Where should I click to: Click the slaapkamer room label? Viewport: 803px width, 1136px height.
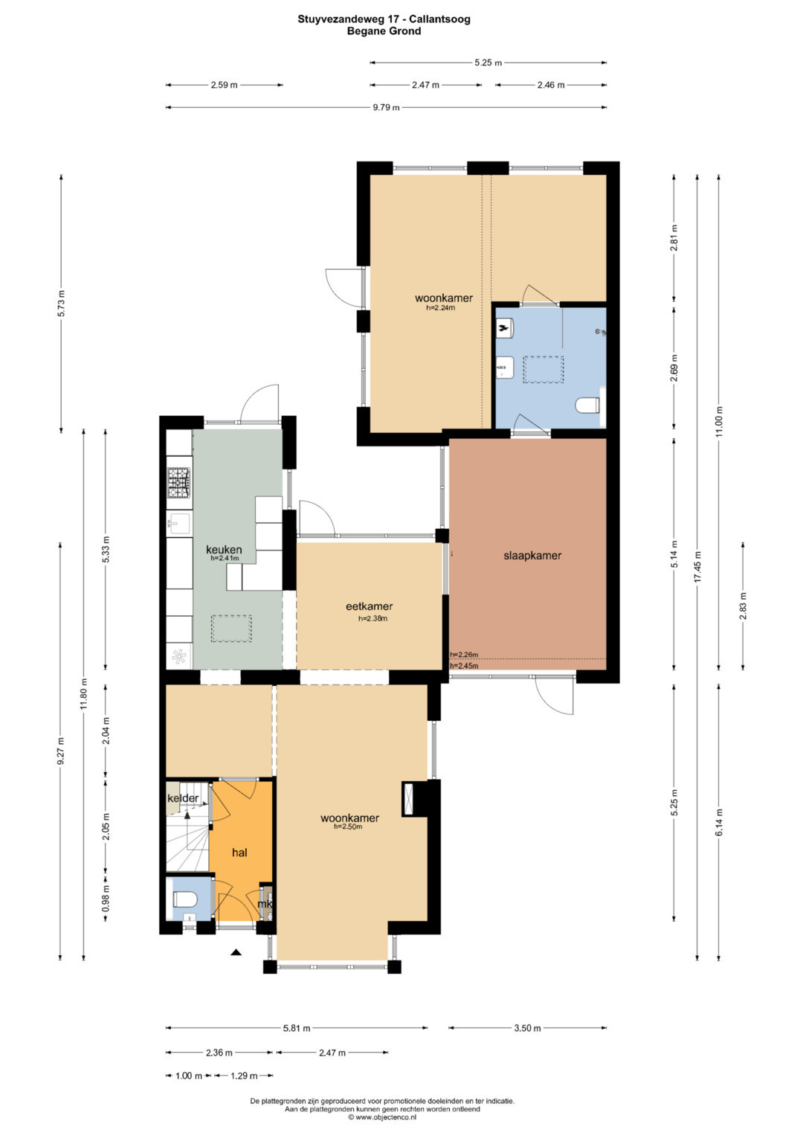coord(532,555)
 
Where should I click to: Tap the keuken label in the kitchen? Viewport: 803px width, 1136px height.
coord(224,549)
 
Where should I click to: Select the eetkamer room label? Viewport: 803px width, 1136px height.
coord(369,606)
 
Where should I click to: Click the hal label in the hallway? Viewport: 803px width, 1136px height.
coord(239,853)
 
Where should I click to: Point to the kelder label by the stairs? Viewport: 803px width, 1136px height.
coord(183,798)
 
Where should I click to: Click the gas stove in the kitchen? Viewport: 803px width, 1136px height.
coord(179,482)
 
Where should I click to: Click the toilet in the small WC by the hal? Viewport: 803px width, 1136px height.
coord(184,899)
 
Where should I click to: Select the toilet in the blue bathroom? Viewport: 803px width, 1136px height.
coord(588,405)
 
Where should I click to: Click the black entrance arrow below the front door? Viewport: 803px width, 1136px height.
coord(235,952)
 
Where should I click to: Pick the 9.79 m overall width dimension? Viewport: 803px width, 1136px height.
coord(387,108)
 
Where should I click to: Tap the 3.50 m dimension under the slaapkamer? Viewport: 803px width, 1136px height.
coord(527,1028)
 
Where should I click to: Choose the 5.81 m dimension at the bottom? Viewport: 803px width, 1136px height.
coord(297,1028)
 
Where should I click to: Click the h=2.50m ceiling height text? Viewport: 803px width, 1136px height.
coord(348,826)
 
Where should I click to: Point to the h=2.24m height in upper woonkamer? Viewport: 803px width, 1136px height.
coord(440,307)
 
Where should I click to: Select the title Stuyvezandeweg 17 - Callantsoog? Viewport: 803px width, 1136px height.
coord(384,19)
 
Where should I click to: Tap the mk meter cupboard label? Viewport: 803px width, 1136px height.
coord(265,904)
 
